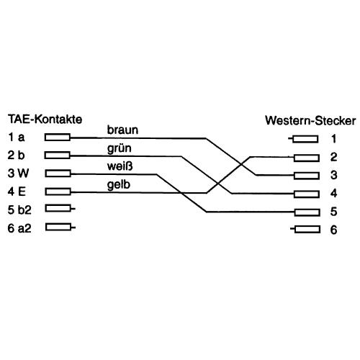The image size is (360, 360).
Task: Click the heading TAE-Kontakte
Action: (x=45, y=119)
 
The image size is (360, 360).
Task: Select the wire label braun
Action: (x=122, y=130)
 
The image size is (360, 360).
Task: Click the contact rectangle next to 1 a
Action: (x=58, y=137)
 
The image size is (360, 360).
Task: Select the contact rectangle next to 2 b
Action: (x=58, y=155)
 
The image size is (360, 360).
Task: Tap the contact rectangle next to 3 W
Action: (x=58, y=173)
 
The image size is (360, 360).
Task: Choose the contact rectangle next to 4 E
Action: (x=58, y=191)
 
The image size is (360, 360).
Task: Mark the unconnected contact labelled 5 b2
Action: (x=58, y=209)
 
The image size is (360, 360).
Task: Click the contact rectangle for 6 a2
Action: (x=58, y=228)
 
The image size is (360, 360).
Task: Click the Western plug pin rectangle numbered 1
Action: (x=306, y=138)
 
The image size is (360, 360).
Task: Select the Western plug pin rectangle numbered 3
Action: (x=306, y=175)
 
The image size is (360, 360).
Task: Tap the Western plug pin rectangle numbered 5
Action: (x=306, y=212)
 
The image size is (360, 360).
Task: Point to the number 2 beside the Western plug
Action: (x=334, y=157)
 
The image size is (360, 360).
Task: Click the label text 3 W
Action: (x=16, y=173)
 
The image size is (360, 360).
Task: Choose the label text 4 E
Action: (x=15, y=191)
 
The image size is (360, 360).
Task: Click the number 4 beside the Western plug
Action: (x=334, y=194)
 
